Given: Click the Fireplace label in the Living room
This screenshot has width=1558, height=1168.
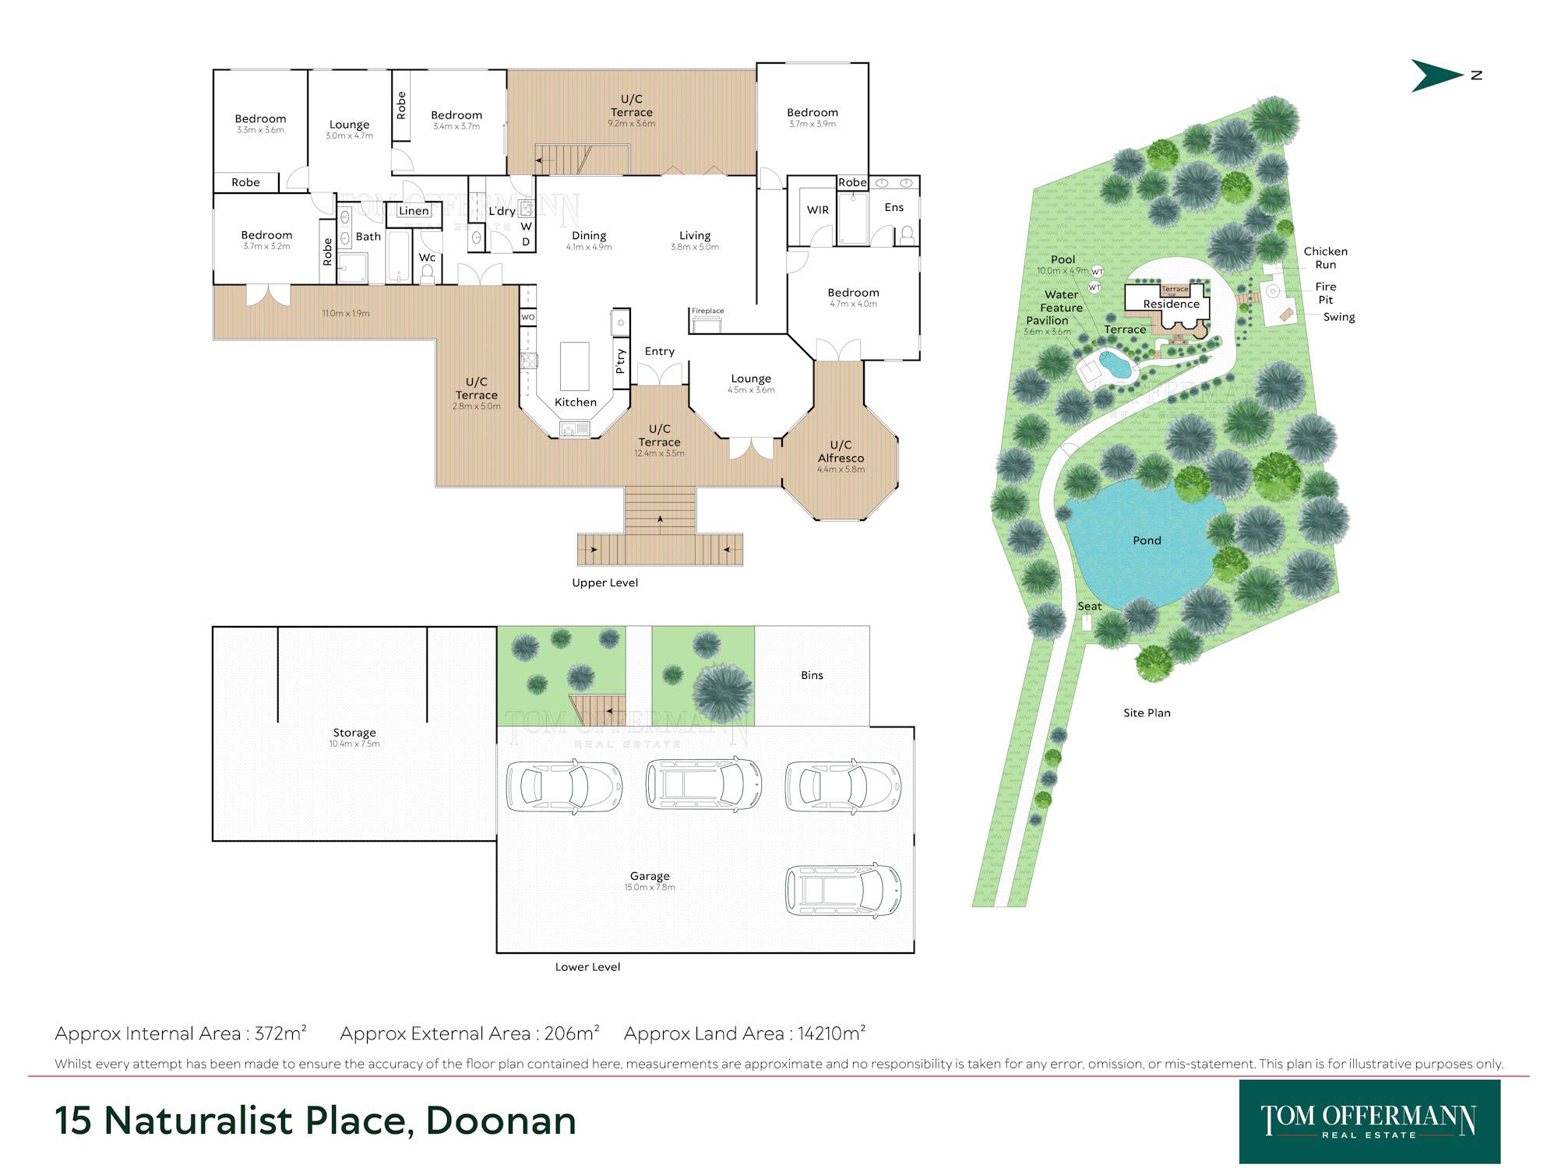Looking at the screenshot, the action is [707, 311].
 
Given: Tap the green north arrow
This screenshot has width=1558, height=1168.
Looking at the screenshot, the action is [1436, 76].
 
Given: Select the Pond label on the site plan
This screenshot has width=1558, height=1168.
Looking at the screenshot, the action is [1147, 540].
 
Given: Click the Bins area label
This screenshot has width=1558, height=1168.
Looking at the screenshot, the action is [812, 675].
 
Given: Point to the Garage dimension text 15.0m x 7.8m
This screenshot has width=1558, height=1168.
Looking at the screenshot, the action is [650, 888].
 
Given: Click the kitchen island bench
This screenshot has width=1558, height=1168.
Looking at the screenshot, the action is [575, 366].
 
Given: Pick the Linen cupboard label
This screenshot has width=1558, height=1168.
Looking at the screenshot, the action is [414, 211].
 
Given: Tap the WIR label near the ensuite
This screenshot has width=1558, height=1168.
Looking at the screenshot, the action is [818, 210].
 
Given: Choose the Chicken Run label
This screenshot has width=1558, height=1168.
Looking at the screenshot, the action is [1325, 258].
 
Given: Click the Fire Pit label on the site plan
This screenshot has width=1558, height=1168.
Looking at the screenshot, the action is [1325, 293].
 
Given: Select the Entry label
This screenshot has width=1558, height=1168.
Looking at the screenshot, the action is [660, 351].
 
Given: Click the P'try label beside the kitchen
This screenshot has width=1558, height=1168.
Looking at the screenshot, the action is [621, 361].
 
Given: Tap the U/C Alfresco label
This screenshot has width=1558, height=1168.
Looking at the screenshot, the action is [841, 452].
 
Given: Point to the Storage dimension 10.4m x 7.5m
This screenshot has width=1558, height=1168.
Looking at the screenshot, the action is [354, 744].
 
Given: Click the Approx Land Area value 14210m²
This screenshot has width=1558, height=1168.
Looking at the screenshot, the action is [831, 1033].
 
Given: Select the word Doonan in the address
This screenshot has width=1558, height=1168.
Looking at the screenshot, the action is [501, 1121].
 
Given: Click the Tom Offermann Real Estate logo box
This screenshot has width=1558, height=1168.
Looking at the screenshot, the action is [1369, 1121].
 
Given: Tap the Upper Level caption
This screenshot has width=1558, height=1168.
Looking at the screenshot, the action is [605, 582].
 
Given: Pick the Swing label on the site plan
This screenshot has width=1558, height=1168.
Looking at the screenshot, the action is [1339, 317].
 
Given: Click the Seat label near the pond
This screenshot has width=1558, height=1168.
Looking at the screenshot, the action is [1090, 606].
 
